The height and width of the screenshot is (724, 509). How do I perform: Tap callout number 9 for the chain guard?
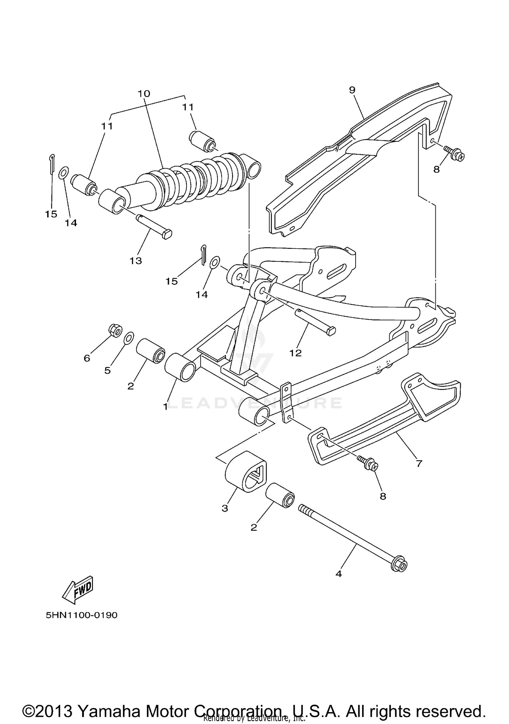pyautogui.click(x=352, y=90)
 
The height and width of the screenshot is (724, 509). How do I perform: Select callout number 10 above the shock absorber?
pyautogui.click(x=144, y=93)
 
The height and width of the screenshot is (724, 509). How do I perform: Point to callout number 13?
pyautogui.click(x=135, y=261)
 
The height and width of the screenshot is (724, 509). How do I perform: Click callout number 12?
pyautogui.click(x=296, y=353)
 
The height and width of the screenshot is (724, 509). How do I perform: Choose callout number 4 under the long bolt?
pyautogui.click(x=338, y=574)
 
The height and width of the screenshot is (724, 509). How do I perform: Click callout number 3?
pyautogui.click(x=225, y=508)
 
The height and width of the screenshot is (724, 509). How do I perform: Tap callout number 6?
pyautogui.click(x=87, y=358)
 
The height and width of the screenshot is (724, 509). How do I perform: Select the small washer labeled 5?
pyautogui.click(x=129, y=338)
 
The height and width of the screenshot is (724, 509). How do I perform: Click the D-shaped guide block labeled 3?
pyautogui.click(x=245, y=471)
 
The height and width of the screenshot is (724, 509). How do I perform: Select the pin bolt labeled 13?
pyautogui.click(x=154, y=226)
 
